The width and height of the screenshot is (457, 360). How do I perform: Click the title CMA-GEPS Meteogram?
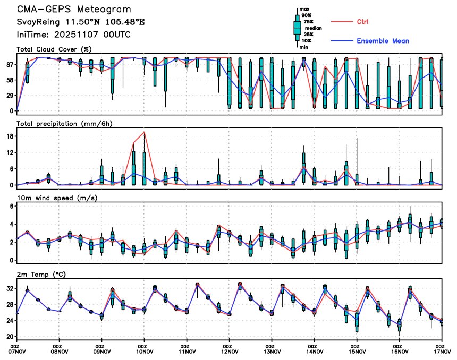tap(74, 10)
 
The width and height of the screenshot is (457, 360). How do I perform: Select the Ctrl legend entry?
tap(362, 22)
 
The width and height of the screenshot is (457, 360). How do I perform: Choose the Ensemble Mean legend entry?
tap(383, 41)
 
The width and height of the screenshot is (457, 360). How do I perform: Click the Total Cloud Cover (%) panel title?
tap(54, 50)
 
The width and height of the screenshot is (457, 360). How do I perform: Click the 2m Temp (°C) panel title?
tap(40, 273)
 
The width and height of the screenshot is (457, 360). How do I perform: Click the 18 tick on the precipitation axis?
tap(10, 136)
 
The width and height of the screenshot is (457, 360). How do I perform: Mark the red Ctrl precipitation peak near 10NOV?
tap(145, 132)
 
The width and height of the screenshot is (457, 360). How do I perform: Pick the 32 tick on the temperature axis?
tap(10, 289)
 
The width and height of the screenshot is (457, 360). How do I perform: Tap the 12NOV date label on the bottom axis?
tap(230, 351)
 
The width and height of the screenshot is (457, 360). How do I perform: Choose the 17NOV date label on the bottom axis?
tap(442, 351)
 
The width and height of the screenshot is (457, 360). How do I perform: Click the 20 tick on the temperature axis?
tap(10, 337)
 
